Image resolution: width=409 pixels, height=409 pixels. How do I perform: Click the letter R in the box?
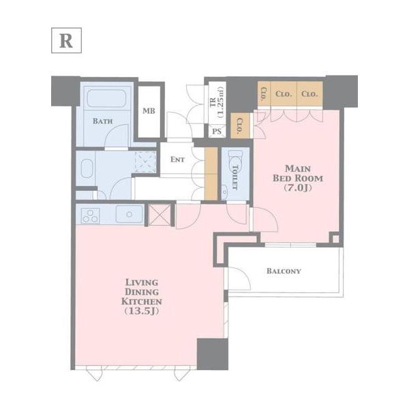(x=66, y=41)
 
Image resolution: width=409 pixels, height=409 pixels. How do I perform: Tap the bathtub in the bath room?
(x=106, y=98)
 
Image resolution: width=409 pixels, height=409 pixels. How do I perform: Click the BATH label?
(x=103, y=121)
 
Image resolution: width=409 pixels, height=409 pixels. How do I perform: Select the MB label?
(x=149, y=111)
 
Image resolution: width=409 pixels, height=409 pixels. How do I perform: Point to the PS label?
(x=217, y=131)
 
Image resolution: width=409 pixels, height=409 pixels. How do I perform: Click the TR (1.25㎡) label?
(x=217, y=103)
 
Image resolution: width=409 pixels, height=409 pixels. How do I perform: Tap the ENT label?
(x=177, y=160)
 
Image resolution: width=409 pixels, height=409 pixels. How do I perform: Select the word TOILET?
(x=235, y=177)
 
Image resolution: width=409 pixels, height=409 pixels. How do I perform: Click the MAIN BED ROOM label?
(x=298, y=173)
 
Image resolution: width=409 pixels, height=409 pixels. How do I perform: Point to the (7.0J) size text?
(x=297, y=187)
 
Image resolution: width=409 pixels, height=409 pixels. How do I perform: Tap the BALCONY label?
(x=284, y=271)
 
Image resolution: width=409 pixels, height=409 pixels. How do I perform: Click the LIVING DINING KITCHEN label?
(x=141, y=292)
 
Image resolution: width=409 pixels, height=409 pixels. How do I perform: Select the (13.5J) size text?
(x=141, y=312)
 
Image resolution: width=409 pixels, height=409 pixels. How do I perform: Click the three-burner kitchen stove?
(x=90, y=215)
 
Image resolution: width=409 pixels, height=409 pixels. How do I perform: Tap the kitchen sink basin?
(x=129, y=214)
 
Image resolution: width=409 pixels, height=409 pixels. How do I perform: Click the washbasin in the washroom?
(x=87, y=168)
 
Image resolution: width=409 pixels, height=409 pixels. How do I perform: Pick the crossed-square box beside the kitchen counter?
(x=160, y=215)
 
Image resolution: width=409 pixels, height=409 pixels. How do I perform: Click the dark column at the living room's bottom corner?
(x=212, y=354)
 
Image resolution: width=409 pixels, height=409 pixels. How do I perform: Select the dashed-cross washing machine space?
(x=145, y=162)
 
